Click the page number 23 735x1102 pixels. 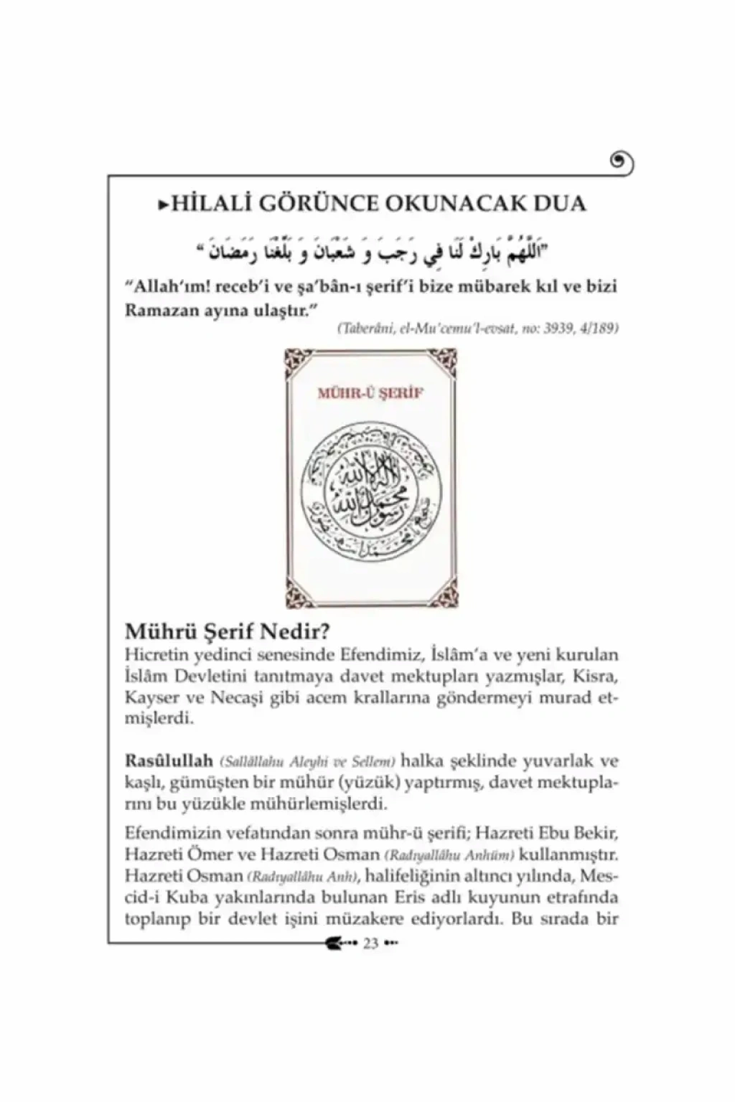pos(370,943)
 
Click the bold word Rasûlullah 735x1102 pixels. pos(169,760)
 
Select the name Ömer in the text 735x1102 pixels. pos(197,855)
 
